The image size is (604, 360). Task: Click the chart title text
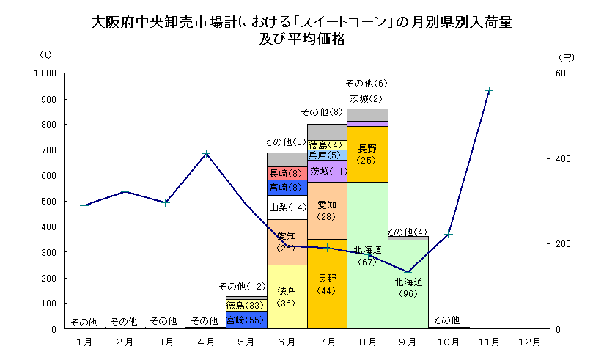pos(301,30)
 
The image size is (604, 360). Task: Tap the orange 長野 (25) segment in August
pos(367,154)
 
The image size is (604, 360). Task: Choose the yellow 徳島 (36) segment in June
pos(287,297)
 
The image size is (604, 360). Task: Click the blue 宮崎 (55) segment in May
pos(246,320)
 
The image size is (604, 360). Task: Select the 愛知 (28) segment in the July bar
pos(327,211)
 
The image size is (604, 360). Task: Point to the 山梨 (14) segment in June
pos(287,207)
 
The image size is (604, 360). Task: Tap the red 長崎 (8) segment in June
pos(287,173)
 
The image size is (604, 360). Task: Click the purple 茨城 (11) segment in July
pos(327,171)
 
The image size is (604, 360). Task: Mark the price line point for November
pos(489,90)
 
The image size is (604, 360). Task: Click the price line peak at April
pos(207,154)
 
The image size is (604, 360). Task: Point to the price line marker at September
pos(408,272)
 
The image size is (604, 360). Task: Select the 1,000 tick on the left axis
pos(45,73)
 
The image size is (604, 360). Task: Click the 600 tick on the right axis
pos(562,73)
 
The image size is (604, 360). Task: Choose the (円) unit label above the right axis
pos(565,56)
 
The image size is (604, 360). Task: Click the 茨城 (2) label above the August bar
pos(367,98)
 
